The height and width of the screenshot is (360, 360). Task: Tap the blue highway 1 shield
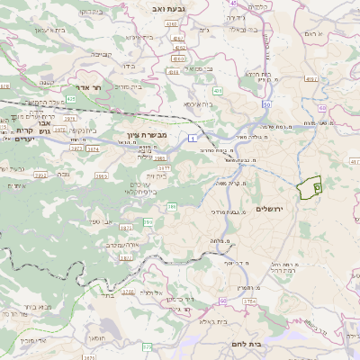[192, 138]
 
